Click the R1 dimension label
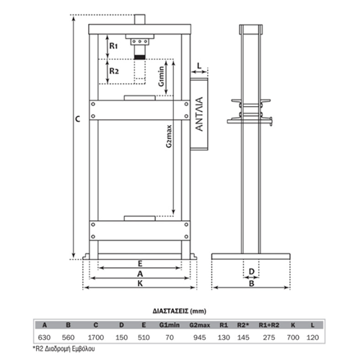113,45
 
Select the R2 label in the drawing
114,71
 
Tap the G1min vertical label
162,77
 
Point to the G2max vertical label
170,136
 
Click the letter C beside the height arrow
78,119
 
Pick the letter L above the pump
199,66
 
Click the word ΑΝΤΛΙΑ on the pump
199,114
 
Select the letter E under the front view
140,264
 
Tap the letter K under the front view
140,284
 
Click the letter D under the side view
252,272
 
